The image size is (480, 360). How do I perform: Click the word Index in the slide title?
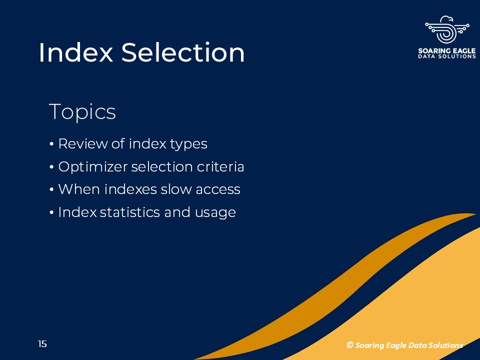(x=76, y=52)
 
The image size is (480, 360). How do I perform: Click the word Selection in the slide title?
(x=183, y=52)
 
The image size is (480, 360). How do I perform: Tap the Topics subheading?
(x=82, y=112)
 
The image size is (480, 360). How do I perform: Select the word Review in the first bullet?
(x=82, y=143)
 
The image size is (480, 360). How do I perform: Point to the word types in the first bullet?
(x=188, y=144)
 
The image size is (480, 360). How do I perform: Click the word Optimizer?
(x=93, y=167)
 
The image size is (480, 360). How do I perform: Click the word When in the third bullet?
(x=79, y=189)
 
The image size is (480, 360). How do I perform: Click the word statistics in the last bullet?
(x=130, y=212)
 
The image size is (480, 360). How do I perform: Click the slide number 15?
(x=42, y=344)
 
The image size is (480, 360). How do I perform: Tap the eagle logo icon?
(x=447, y=29)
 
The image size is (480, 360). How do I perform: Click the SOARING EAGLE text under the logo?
(x=447, y=50)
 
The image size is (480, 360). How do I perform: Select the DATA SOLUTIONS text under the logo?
(x=447, y=56)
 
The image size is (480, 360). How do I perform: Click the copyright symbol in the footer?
(x=349, y=345)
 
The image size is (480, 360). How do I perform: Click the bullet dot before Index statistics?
(x=51, y=212)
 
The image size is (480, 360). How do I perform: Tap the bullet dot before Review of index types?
(x=51, y=144)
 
